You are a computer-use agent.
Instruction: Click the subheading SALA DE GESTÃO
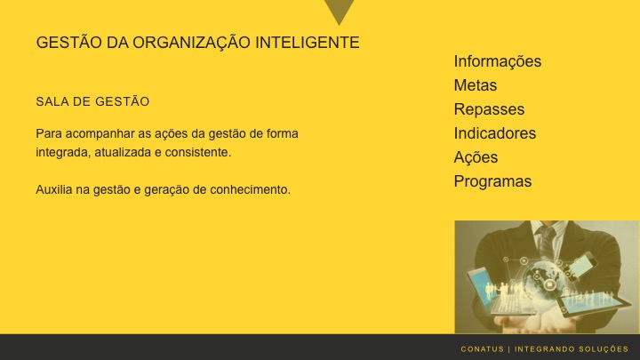pos(92,102)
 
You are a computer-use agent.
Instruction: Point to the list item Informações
pos(497,61)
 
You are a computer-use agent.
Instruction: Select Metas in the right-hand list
pos(475,85)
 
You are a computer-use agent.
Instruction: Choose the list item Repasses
pos(489,109)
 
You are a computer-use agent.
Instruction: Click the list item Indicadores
pos(495,133)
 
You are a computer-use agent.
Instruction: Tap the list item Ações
pos(476,157)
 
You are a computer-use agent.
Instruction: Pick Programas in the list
pos(492,181)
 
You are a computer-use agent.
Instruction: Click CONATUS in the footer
pos(482,348)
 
